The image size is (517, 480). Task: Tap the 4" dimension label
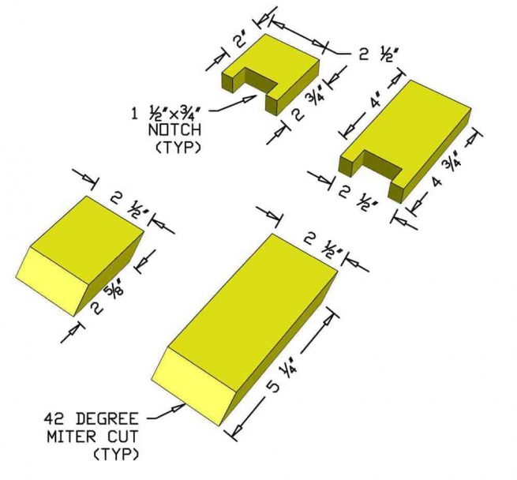(x=377, y=101)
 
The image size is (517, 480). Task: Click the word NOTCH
(x=174, y=130)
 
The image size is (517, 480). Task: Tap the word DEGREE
(x=107, y=419)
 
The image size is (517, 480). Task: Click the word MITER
(x=72, y=437)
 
